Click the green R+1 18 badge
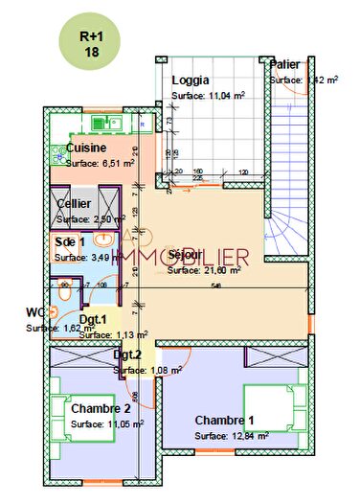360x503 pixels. [93, 42]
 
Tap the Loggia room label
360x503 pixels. [191, 81]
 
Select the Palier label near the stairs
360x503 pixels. [285, 64]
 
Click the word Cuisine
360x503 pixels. [86, 149]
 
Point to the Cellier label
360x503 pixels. [75, 204]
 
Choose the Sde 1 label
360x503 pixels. [70, 242]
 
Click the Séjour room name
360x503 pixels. [185, 256]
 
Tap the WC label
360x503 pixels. [35, 312]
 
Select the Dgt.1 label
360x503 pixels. [93, 320]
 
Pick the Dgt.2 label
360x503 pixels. [127, 354]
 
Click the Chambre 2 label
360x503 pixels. [101, 409]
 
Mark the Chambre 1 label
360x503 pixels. [225, 420]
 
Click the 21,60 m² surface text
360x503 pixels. [219, 270]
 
